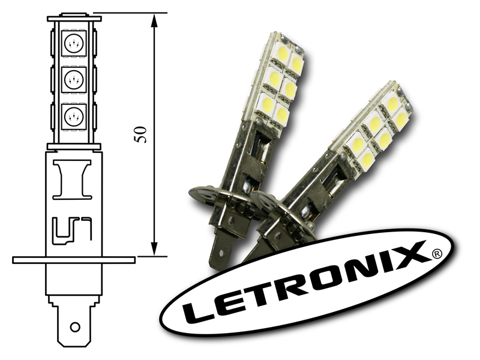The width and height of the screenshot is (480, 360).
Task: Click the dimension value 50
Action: coord(140,134)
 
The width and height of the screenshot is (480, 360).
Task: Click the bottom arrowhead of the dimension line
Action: coord(155,248)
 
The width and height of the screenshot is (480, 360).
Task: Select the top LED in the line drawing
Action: coord(74,43)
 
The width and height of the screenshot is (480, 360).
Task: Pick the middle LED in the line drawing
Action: coord(74,80)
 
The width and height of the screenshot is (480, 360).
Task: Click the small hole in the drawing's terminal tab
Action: coord(75,327)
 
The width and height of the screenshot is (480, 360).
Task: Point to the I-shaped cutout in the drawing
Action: coord(73,179)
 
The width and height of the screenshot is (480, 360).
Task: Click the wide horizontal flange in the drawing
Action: coord(74,260)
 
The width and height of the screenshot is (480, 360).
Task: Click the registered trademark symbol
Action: coord(437,254)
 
